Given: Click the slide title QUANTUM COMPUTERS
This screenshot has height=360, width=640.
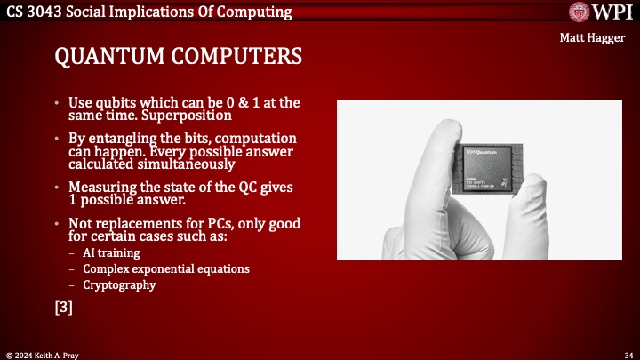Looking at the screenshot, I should coord(178,57).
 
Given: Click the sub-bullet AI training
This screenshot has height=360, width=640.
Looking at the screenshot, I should coord(107,253).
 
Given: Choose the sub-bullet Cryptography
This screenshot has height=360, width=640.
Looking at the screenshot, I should coord(119,285).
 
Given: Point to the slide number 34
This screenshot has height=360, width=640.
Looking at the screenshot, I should coord(628,353).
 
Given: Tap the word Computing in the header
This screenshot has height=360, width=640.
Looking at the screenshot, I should coord(258,12).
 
